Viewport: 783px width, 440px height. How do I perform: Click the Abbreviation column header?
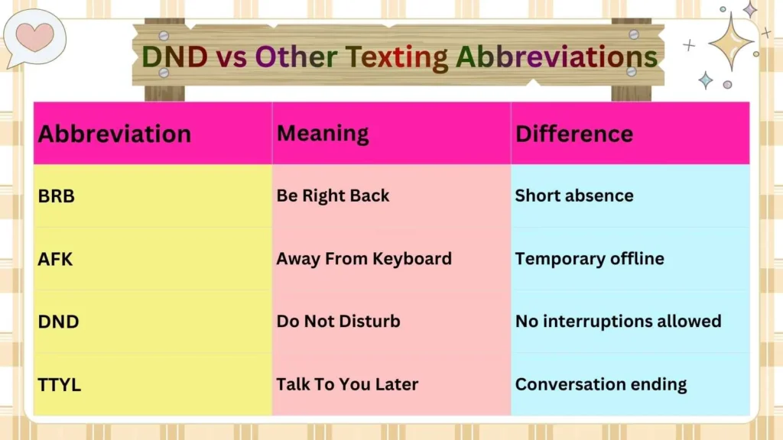coord(115,134)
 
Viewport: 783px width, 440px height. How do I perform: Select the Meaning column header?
coord(323,134)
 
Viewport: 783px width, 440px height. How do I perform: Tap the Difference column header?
coord(574,134)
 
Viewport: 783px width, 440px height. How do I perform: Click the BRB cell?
coord(57,196)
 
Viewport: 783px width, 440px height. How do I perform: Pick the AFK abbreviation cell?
coord(56,259)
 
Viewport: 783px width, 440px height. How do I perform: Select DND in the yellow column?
coord(58,322)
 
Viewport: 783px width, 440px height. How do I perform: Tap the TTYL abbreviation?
coord(60,384)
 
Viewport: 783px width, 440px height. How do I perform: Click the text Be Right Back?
coord(333,196)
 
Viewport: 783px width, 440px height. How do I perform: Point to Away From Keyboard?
coord(364,259)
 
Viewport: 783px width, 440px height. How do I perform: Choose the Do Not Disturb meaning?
coord(338,322)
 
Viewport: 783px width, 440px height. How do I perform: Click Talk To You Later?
coord(347,384)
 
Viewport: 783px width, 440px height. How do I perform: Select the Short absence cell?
coord(574,196)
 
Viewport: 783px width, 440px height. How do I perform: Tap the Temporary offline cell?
coord(590,259)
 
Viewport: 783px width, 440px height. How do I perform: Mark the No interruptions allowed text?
coord(618,322)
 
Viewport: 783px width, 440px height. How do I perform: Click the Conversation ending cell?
coord(601,384)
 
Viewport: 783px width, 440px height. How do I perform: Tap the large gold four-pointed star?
coord(731,42)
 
